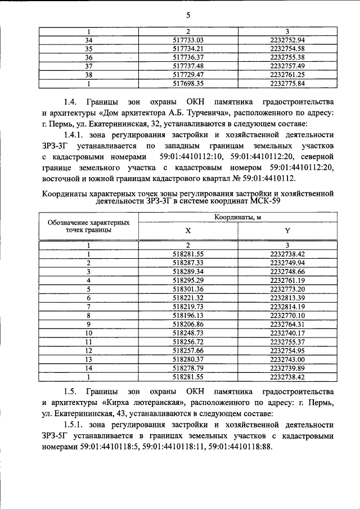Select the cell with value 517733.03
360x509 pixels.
pos(188,40)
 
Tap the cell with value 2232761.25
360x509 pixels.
pos(287,74)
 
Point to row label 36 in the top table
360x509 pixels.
pos(88,57)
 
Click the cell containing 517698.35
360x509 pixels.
pos(188,83)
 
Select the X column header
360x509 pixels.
pos(188,230)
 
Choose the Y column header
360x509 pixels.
pos(287,230)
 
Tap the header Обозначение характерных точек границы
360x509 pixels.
pos(88,226)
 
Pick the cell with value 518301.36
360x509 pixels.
pos(188,289)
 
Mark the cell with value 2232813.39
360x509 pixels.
pos(287,297)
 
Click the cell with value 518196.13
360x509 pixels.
pos(188,315)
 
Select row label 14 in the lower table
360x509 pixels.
pos(88,367)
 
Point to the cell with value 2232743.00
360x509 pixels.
pos(287,358)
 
